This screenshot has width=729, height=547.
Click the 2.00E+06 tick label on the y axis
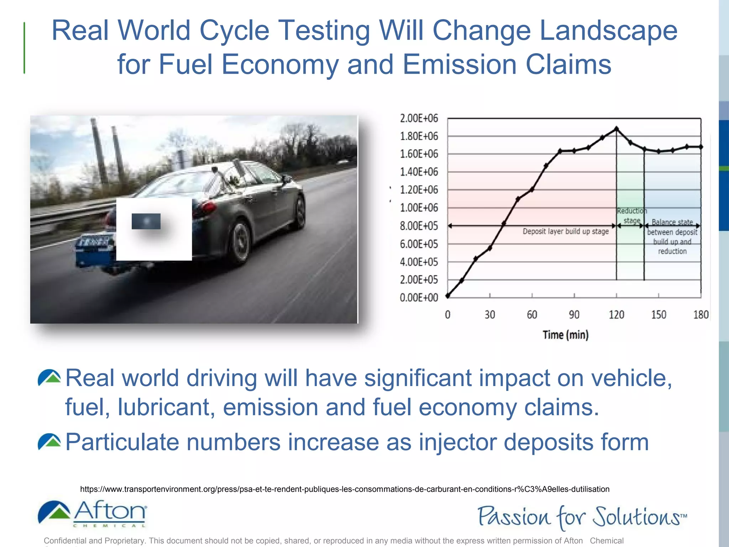(x=419, y=118)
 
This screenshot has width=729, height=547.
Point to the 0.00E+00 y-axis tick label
(x=419, y=298)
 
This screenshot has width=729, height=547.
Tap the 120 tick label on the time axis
(x=616, y=315)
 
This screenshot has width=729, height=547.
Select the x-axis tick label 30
(x=490, y=315)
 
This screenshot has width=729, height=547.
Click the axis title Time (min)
(x=566, y=335)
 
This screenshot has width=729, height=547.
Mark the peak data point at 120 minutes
(x=616, y=129)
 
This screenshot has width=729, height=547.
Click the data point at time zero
(x=448, y=296)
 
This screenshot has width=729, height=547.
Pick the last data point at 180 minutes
(x=701, y=147)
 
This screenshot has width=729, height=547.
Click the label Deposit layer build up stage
(x=566, y=231)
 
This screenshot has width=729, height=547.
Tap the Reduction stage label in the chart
(x=632, y=216)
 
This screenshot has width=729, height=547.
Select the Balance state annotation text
(x=672, y=237)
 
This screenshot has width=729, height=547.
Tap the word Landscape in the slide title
(x=608, y=31)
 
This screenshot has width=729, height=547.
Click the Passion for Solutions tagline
(x=582, y=517)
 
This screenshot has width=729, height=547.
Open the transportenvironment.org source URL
(x=345, y=489)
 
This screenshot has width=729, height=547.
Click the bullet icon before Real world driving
(x=49, y=378)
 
